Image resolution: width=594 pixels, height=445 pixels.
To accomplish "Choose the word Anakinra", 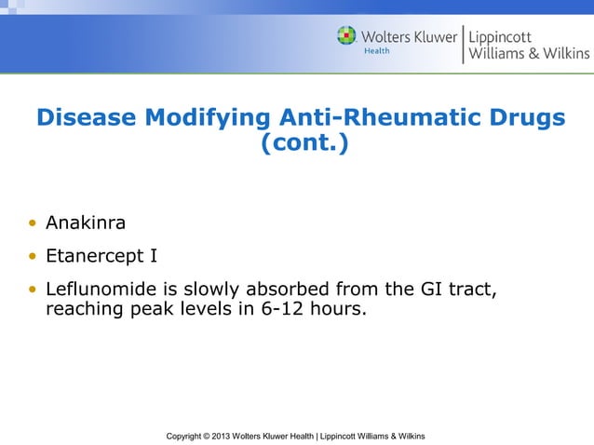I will pyautogui.click(x=86, y=224).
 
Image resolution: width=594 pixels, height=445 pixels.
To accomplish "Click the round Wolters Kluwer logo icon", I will pyautogui.click(x=346, y=36).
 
